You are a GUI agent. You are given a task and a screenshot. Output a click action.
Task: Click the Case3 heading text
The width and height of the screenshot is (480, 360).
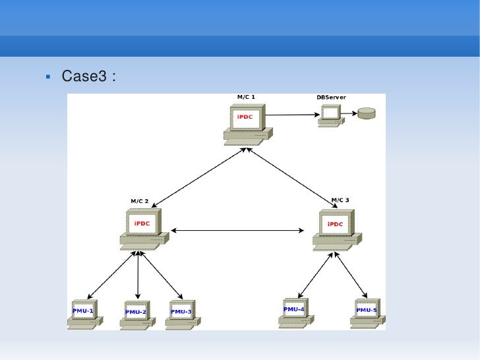[x=89, y=76]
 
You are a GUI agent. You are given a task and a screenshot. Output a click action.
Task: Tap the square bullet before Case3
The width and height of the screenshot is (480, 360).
[x=48, y=76]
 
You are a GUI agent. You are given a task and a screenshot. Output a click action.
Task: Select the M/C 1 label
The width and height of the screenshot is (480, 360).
[x=246, y=97]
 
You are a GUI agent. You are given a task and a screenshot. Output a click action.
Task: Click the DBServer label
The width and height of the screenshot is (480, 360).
[x=331, y=98]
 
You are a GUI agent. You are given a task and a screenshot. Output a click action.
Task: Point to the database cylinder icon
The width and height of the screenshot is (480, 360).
[x=366, y=113]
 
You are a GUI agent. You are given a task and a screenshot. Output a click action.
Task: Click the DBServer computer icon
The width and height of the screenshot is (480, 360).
[x=330, y=116]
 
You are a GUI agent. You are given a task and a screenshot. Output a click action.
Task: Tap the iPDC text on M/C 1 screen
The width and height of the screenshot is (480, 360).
[x=245, y=117]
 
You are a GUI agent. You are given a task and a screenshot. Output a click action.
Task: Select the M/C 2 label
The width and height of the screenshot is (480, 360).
[x=139, y=201]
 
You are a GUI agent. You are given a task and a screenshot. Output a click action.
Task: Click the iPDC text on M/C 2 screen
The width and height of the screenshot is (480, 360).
[x=142, y=224]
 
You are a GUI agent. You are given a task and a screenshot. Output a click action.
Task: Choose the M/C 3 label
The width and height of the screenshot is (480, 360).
[x=340, y=200]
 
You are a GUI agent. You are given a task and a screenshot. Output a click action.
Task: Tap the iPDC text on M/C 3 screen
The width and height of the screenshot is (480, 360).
[x=335, y=224]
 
